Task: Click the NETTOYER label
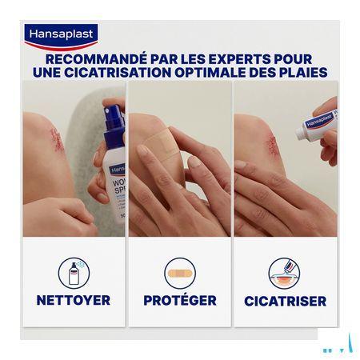point(74,301)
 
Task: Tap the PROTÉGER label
point(180,301)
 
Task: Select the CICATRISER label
point(286,302)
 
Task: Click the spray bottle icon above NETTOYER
point(74,273)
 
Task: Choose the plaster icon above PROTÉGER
point(180,273)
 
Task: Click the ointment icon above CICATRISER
point(285,273)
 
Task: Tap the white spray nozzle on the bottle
point(111,112)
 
